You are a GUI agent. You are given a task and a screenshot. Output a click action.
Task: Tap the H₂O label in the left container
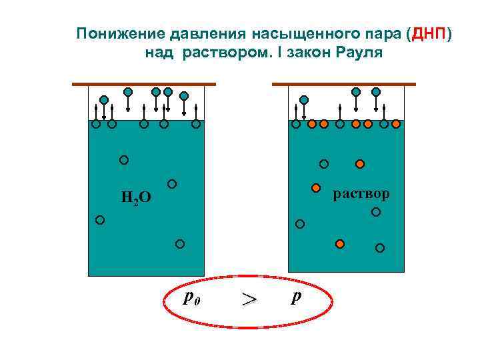coord(136,197)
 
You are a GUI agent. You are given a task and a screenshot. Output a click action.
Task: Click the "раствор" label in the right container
coord(361,193)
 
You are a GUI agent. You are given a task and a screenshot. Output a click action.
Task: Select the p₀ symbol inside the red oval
coord(191,297)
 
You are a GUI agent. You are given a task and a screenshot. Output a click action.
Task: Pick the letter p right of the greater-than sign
coord(295,296)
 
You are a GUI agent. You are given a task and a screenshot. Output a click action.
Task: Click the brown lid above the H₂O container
coord(144,84)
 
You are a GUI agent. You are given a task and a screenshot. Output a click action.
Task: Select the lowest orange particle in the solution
coord(340,243)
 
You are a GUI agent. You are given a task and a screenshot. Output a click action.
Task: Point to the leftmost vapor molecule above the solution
coord(304,100)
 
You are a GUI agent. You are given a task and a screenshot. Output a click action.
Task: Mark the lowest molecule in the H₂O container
coord(180,244)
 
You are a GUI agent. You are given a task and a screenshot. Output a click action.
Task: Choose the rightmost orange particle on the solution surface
coord(397,123)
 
